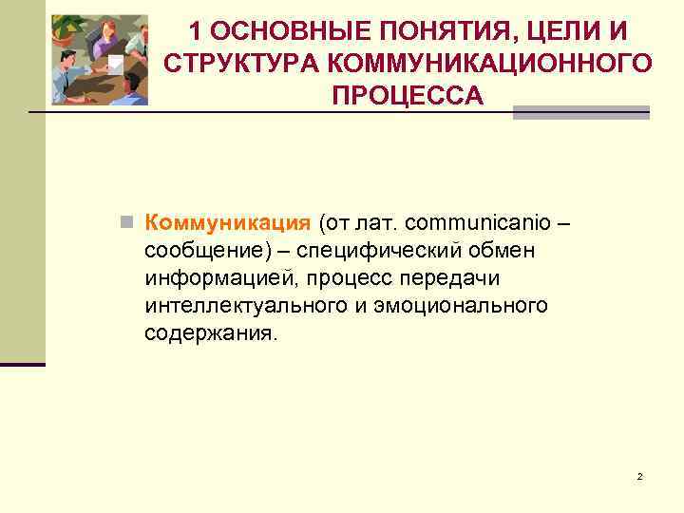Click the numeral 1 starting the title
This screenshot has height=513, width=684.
click(x=195, y=32)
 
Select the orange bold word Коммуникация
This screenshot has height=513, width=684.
click(x=227, y=223)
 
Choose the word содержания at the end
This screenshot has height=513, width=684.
click(x=210, y=333)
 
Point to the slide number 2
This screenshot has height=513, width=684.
click(x=639, y=476)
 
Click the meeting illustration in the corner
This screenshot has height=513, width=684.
click(x=99, y=59)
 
